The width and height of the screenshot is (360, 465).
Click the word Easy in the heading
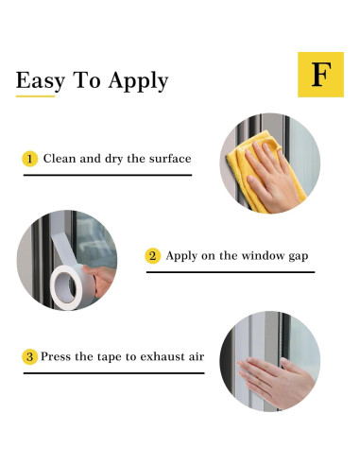[41, 80]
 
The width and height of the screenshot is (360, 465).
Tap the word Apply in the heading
[138, 81]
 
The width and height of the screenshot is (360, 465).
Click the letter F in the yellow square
[321, 75]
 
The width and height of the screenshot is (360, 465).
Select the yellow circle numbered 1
[30, 159]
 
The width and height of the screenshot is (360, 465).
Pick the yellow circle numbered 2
[153, 256]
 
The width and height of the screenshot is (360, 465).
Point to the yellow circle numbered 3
[30, 357]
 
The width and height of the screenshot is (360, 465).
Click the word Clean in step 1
[60, 159]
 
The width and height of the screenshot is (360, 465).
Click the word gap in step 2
[299, 257]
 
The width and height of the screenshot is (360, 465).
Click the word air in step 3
[197, 357]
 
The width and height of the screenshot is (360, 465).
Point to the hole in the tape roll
[66, 287]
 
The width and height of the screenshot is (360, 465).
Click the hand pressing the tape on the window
[276, 381]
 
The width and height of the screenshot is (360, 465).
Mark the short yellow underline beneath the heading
[35, 96]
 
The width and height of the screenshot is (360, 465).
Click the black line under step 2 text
[231, 272]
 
